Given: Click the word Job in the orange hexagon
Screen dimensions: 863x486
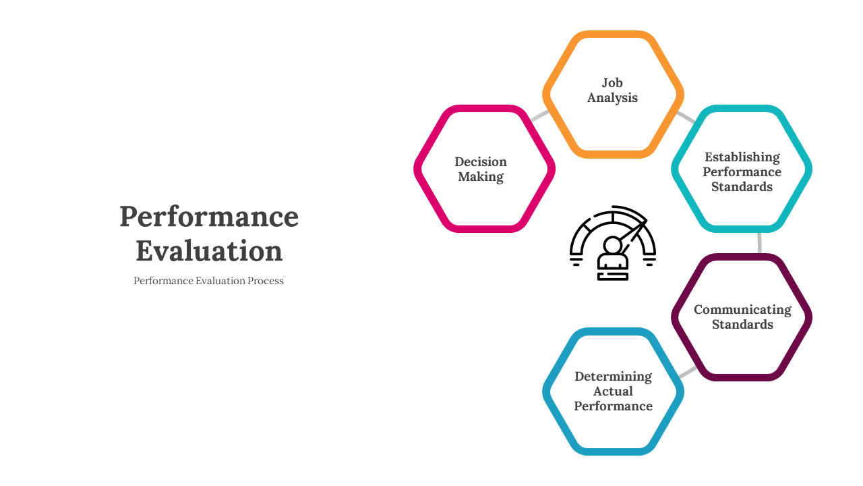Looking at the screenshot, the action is click(612, 83).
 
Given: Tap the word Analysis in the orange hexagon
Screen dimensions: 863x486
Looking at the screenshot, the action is click(612, 98).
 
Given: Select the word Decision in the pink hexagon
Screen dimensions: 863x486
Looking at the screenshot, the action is click(481, 161).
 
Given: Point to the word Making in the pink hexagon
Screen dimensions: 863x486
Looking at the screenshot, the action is click(481, 177).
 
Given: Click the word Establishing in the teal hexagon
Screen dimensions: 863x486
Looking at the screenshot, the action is click(742, 157).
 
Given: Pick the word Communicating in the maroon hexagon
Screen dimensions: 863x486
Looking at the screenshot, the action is click(742, 310).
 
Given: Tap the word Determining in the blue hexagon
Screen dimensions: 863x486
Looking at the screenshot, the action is click(613, 377).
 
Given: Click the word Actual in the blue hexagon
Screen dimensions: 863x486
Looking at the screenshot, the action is click(613, 391).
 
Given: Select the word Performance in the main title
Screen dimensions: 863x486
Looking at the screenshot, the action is click(209, 217).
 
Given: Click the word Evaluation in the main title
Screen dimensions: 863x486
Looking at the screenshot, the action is click(209, 250).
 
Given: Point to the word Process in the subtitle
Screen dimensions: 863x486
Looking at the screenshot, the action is click(266, 281).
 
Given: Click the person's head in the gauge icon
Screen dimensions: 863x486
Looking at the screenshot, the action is click(612, 245).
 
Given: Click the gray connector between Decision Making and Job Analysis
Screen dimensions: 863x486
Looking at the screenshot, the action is click(539, 115).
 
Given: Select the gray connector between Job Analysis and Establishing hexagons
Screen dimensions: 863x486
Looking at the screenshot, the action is click(686, 117).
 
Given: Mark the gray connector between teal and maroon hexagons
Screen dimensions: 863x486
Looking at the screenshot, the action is click(759, 243).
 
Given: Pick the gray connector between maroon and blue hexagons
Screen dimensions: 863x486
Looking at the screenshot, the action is click(687, 372).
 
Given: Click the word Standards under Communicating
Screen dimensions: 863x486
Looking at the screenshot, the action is click(742, 325).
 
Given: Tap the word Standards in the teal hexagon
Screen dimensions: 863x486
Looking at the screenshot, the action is click(742, 187).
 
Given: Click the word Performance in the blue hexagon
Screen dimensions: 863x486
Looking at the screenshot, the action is click(613, 406).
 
